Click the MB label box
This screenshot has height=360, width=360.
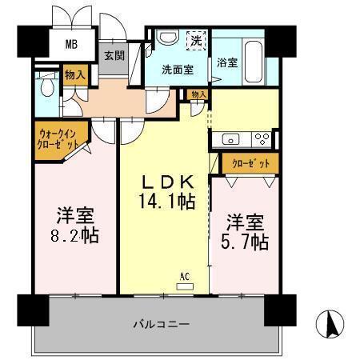coord(71,44)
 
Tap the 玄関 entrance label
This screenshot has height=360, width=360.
coord(114,57)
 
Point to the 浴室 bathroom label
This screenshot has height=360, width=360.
coord(226,63)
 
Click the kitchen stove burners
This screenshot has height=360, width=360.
coord(261,137)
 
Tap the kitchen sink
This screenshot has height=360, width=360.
coord(227,136)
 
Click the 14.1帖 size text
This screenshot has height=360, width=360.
coord(165,203)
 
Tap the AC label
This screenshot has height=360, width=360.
coord(184,276)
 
